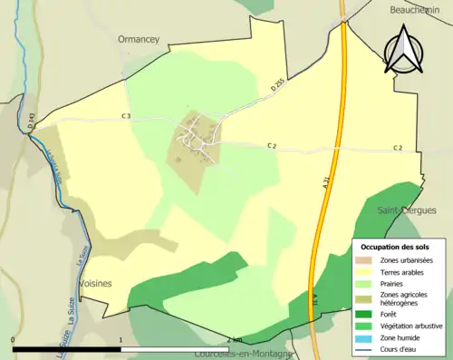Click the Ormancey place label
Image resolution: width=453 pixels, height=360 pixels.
pyautogui.click(x=138, y=40)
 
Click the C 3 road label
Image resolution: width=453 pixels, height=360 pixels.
pyautogui.click(x=127, y=116)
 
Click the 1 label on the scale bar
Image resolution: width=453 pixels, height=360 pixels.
pyautogui.click(x=120, y=340)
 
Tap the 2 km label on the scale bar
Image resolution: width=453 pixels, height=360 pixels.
pyautogui.click(x=235, y=340)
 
